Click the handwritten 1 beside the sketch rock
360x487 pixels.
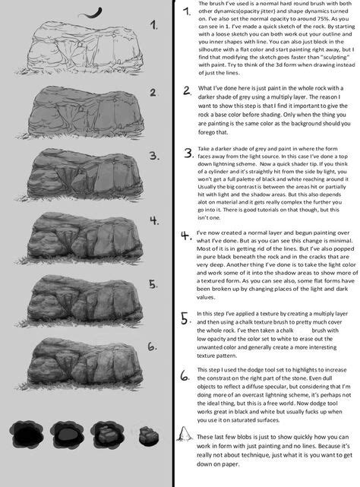(154, 25)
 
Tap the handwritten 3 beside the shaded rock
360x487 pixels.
(154, 157)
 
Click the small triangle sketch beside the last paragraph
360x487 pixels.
(185, 435)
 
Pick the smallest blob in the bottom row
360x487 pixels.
(150, 437)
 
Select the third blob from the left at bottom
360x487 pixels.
(109, 436)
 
